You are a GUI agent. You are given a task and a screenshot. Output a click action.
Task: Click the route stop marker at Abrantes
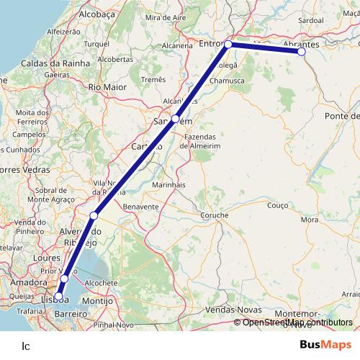pyautogui.click(x=301, y=52)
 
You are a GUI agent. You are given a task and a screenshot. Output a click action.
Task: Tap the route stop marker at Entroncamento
pyautogui.click(x=228, y=45)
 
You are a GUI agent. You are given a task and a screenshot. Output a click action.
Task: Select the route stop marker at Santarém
pyautogui.click(x=175, y=118)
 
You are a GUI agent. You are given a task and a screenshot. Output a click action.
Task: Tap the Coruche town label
pyautogui.click(x=215, y=215)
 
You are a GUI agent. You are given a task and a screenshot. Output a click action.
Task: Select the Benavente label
pyautogui.click(x=141, y=206)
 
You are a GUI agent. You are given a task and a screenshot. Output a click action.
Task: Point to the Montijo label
pyautogui.click(x=99, y=300)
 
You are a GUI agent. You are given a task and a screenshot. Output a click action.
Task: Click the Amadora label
pyautogui.click(x=28, y=282)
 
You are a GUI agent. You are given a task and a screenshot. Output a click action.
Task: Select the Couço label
pyautogui.click(x=276, y=205)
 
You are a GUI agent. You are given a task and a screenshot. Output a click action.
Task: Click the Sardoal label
pyautogui.click(x=310, y=22)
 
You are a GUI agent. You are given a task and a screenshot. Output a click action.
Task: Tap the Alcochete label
pyautogui.click(x=100, y=283)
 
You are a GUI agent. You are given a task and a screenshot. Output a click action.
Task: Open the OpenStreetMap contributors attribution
pyautogui.click(x=296, y=323)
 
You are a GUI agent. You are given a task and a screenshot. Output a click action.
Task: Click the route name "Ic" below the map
pyautogui.click(x=26, y=345)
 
